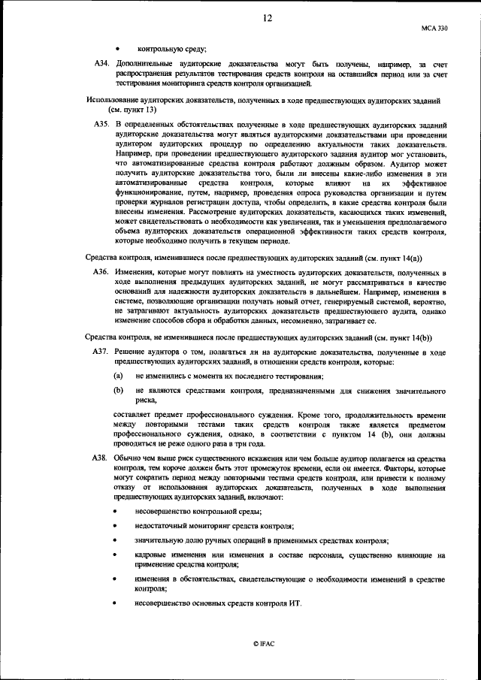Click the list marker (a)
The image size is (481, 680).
(119, 375)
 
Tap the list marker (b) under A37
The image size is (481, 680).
(119, 391)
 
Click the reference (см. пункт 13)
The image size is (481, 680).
(131, 109)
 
